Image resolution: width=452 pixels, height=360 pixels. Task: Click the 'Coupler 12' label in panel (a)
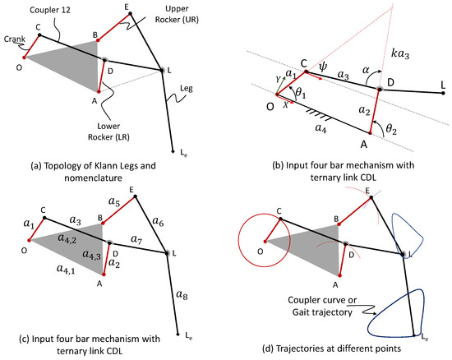pos(50,10)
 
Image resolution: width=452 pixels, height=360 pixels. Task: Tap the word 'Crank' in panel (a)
pos(15,39)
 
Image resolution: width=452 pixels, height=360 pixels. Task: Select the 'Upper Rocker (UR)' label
pos(177,14)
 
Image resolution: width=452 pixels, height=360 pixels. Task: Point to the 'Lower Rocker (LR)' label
pos(108,132)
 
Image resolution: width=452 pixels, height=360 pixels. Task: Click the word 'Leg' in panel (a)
pos(187,89)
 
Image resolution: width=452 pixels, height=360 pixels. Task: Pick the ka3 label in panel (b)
pos(400,53)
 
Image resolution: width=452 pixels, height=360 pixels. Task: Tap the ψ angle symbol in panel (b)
pos(323,67)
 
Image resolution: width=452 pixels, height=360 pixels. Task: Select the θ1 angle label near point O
pos(300,93)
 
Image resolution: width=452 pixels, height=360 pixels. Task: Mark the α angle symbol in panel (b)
pos(366,70)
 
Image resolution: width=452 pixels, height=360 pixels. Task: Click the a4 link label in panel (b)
pos(321,127)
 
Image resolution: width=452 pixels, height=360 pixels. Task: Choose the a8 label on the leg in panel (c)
pos(182,294)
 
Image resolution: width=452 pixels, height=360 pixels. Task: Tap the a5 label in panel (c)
pos(114,201)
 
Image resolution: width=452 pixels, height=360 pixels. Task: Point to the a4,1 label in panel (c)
pos(66,269)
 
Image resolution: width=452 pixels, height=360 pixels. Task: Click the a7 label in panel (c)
pos(136,239)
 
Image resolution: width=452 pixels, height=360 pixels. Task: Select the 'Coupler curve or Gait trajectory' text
pos(322,306)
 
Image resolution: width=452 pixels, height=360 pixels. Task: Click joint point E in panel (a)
pos(130,13)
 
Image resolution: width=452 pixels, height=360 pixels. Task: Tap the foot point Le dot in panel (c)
pos(178,334)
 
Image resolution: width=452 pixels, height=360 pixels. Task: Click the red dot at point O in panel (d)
pos(265,242)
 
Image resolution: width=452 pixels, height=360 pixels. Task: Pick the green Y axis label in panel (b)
pos(278,80)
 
